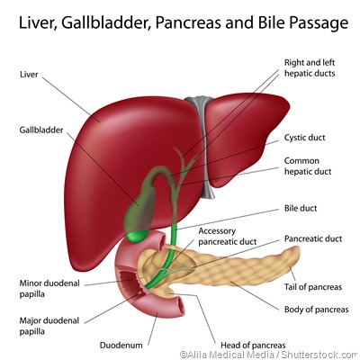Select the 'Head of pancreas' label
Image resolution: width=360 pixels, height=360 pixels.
[x=253, y=345]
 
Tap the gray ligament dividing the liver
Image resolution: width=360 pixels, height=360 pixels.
[x=208, y=144]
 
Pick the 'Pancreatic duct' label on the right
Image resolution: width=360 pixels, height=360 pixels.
[x=313, y=239]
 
